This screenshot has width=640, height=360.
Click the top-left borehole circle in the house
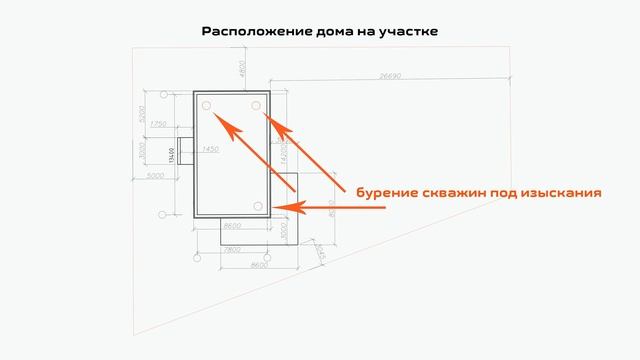click(205, 105)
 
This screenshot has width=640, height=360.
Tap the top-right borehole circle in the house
click(256, 105)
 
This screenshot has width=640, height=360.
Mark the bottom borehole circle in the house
click(258, 206)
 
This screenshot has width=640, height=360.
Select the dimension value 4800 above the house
click(241, 70)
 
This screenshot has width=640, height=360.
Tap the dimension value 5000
click(154, 176)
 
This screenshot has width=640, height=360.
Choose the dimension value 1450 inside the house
click(210, 149)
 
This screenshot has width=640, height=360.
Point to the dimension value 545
click(318, 253)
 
